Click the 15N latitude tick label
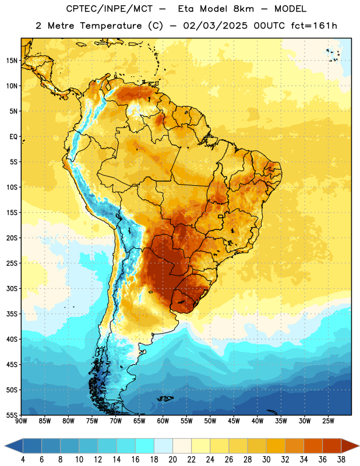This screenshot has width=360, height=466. click(12, 61)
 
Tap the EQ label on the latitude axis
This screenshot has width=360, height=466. click(13, 137)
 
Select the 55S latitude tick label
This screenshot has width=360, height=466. click(12, 415)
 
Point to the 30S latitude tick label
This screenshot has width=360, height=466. click(12, 288)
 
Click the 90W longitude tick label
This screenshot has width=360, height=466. click(21, 421)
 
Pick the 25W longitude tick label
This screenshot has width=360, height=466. click(328, 421)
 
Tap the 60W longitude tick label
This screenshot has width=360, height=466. click(163, 421)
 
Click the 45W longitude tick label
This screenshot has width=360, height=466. click(234, 421)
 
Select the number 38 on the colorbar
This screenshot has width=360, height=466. click(341, 460)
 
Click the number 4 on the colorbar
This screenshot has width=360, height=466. click(23, 460)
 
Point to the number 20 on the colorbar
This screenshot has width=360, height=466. click(172, 460)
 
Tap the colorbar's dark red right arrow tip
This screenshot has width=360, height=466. click(359, 446)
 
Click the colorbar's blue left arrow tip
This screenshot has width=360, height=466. click(5, 446)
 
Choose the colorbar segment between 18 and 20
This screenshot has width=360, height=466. click(163, 446)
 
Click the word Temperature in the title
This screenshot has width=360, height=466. click(111, 26)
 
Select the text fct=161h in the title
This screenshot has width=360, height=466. click(314, 26)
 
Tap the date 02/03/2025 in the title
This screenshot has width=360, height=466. click(215, 26)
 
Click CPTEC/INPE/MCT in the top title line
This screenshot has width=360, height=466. click(109, 9)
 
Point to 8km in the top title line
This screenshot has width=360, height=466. click(243, 9)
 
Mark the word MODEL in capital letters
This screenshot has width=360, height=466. click(290, 9)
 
